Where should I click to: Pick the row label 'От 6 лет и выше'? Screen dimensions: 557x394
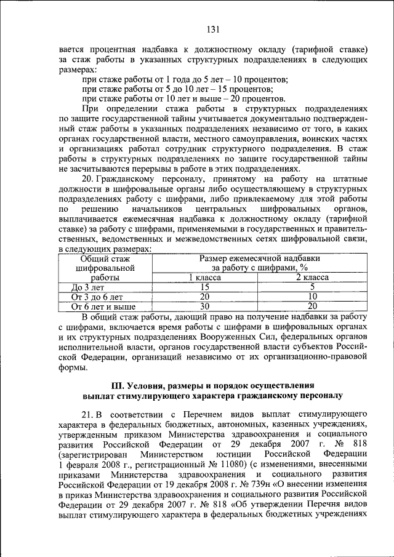102,306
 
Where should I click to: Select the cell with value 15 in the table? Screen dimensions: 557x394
205,287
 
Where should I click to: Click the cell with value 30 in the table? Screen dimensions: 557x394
205,306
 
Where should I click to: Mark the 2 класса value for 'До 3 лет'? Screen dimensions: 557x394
312,287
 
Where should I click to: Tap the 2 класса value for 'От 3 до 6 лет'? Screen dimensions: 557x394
312,297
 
